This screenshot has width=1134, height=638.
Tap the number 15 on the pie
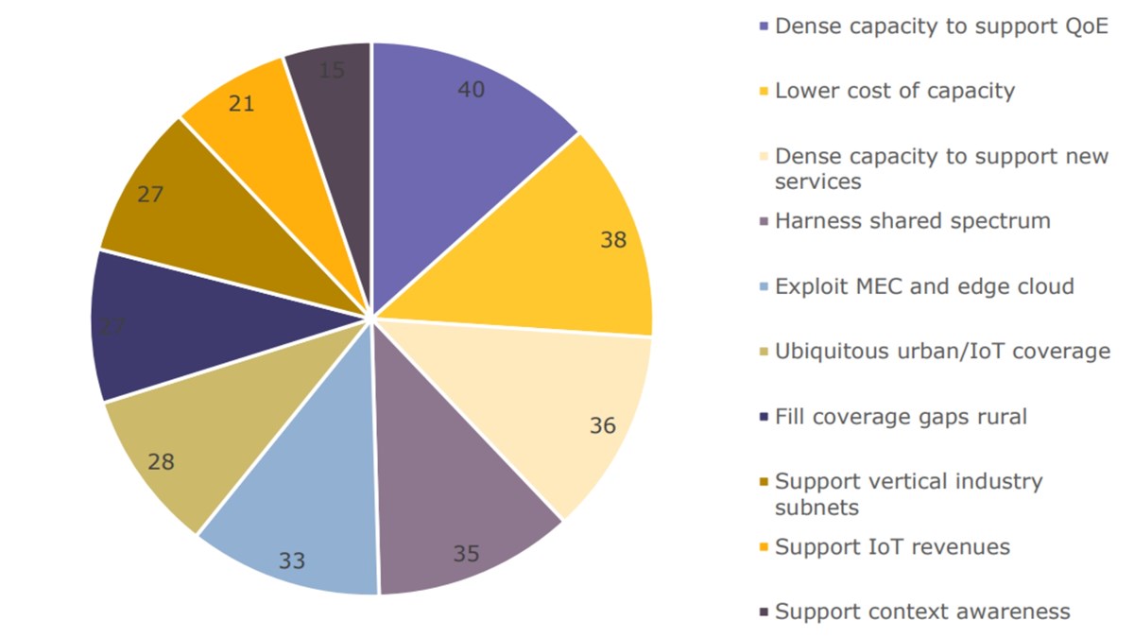point(332,70)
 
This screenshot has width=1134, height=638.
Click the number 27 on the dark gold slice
point(150,195)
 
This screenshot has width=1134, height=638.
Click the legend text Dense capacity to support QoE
point(940,26)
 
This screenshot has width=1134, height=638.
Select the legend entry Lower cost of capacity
point(894,91)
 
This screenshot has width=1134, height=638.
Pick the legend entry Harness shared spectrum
point(912,221)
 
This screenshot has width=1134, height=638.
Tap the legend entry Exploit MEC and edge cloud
point(923,286)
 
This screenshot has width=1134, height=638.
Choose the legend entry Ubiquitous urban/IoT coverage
point(942,352)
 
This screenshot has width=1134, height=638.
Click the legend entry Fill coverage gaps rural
point(900,417)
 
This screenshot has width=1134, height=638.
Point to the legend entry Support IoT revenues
point(892,547)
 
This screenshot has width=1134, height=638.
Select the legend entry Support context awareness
point(922,612)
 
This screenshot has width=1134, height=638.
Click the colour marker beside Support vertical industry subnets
point(765,483)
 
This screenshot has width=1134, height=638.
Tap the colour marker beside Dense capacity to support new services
point(765,157)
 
